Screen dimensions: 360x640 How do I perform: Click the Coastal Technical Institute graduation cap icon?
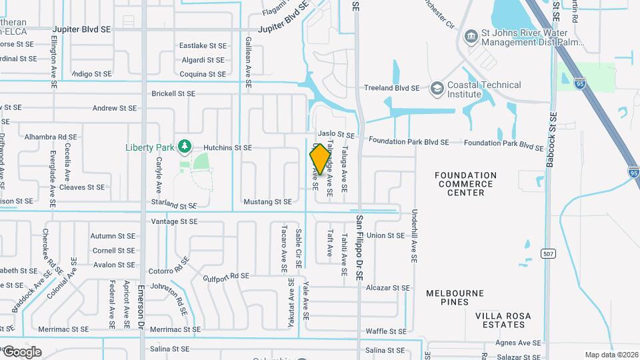(437, 88)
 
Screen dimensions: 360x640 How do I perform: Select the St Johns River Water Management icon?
(471, 35)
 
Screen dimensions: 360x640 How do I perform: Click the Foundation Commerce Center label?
(465, 184)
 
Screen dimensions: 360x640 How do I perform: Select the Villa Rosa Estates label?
(503, 320)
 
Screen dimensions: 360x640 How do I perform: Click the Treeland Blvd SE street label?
(391, 88)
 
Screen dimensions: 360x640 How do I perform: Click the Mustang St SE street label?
(267, 201)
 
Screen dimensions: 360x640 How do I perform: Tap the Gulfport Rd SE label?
(226, 276)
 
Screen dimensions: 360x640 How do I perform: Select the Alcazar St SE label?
(387, 288)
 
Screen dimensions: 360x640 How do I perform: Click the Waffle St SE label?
(386, 331)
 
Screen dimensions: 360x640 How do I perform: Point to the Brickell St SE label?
(173, 94)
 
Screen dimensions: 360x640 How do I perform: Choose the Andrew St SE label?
(114, 107)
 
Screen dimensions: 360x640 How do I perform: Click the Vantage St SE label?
(175, 221)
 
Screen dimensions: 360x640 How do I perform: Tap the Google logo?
(22, 352)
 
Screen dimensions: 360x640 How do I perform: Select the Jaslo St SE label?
(331, 134)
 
